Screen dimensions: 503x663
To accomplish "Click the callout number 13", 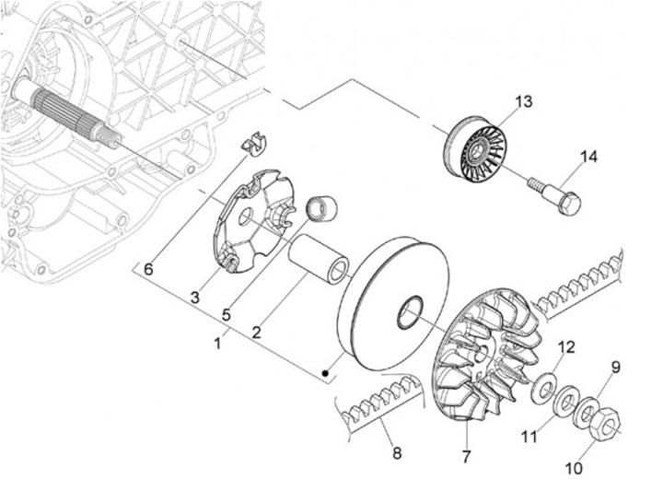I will click(523, 102).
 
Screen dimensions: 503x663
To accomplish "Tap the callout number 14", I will click(588, 158).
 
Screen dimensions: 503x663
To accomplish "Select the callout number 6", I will click(147, 268).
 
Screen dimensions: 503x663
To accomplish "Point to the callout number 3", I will click(195, 297).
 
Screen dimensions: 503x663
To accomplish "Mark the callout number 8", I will click(397, 452).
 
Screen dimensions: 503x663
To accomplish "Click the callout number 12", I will click(567, 347).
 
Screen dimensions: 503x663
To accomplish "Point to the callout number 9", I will click(616, 368).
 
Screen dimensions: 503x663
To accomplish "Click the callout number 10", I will click(574, 468).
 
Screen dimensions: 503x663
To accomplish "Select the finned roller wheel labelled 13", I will click(476, 147).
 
